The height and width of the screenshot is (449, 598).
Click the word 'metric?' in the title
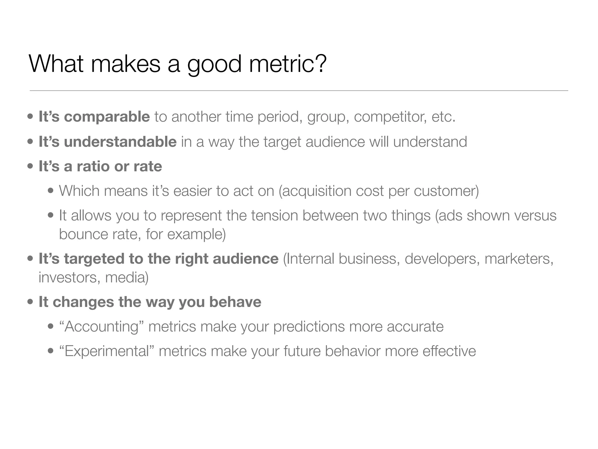click(288, 64)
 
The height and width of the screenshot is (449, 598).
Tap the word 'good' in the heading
click(214, 65)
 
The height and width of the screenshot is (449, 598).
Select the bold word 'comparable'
click(107, 117)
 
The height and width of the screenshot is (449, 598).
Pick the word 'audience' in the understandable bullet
click(335, 142)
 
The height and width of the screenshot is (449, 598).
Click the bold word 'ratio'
click(93, 166)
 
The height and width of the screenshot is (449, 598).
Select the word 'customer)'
click(446, 191)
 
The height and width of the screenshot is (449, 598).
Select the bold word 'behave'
click(235, 302)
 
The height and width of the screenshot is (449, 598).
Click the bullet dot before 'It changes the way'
click(30, 302)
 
